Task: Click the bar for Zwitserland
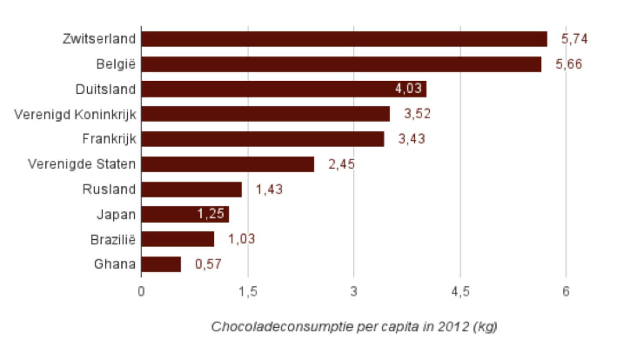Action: pyautogui.click(x=344, y=39)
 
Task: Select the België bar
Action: pyautogui.click(x=341, y=64)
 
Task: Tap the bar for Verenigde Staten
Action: pyautogui.click(x=227, y=164)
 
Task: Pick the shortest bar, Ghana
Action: pyautogui.click(x=161, y=264)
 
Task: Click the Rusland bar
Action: pyautogui.click(x=191, y=189)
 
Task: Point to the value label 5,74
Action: pyautogui.click(x=574, y=39)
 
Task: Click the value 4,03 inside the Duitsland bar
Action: pyautogui.click(x=409, y=89)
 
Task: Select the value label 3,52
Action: pyautogui.click(x=417, y=114)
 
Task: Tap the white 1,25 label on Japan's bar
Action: pyautogui.click(x=211, y=215)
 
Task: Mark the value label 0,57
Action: pyautogui.click(x=208, y=264)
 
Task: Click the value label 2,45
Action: pyautogui.click(x=342, y=164)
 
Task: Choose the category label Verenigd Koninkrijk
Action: pyautogui.click(x=75, y=114)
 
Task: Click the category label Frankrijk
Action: pyautogui.click(x=109, y=139)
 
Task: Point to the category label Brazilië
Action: pyautogui.click(x=113, y=240)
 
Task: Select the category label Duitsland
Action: pyautogui.click(x=105, y=89)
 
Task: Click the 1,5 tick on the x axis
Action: pyautogui.click(x=248, y=292)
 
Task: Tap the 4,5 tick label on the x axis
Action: pyautogui.click(x=460, y=292)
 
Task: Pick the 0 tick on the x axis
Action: pyautogui.click(x=141, y=292)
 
